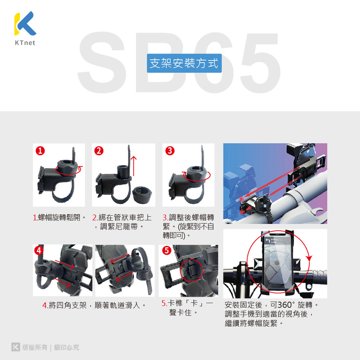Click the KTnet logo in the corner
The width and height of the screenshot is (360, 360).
[25, 28]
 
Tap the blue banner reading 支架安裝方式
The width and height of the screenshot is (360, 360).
[184, 63]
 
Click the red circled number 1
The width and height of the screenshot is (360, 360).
[40, 151]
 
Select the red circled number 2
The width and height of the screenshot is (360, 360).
[99, 151]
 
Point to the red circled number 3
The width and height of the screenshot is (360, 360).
[170, 151]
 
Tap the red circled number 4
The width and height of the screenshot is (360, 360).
[39, 250]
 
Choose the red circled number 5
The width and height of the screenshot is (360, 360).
[166, 250]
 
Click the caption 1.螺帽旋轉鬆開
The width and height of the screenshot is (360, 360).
[59, 217]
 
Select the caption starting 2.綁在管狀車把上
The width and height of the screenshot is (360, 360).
[122, 222]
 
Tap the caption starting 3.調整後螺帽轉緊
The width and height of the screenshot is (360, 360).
[188, 226]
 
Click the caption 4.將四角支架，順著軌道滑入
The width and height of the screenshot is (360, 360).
[94, 305]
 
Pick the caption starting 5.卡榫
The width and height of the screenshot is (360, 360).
[187, 308]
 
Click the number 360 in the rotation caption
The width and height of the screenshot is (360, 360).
[284, 305]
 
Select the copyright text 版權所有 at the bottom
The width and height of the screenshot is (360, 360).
[35, 347]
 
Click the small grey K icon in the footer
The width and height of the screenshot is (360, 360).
[16, 347]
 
